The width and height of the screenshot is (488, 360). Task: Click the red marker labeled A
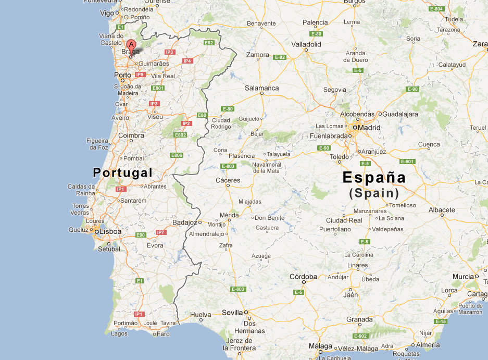click(132, 45)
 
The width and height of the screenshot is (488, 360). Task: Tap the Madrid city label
click(369, 128)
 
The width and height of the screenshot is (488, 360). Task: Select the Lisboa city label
click(110, 231)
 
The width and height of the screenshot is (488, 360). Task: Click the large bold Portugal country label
click(122, 173)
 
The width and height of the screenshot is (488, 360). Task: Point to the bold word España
click(374, 177)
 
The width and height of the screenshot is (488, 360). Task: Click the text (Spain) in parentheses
click(374, 193)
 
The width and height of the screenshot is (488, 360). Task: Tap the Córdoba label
click(303, 276)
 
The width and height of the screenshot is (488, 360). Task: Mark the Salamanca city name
click(261, 88)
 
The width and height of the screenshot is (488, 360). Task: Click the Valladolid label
click(306, 44)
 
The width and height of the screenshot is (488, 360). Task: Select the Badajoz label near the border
click(184, 222)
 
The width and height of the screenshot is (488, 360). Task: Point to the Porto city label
click(122, 75)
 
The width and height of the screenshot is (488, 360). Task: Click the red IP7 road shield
click(161, 232)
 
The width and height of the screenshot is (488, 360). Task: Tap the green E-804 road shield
click(436, 9)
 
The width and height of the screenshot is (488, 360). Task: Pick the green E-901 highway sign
click(407, 162)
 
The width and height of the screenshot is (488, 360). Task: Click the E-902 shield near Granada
click(360, 336)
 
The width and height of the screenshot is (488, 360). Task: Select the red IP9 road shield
click(140, 75)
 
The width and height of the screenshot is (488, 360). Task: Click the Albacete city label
click(442, 210)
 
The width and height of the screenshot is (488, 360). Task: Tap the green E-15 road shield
click(441, 321)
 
